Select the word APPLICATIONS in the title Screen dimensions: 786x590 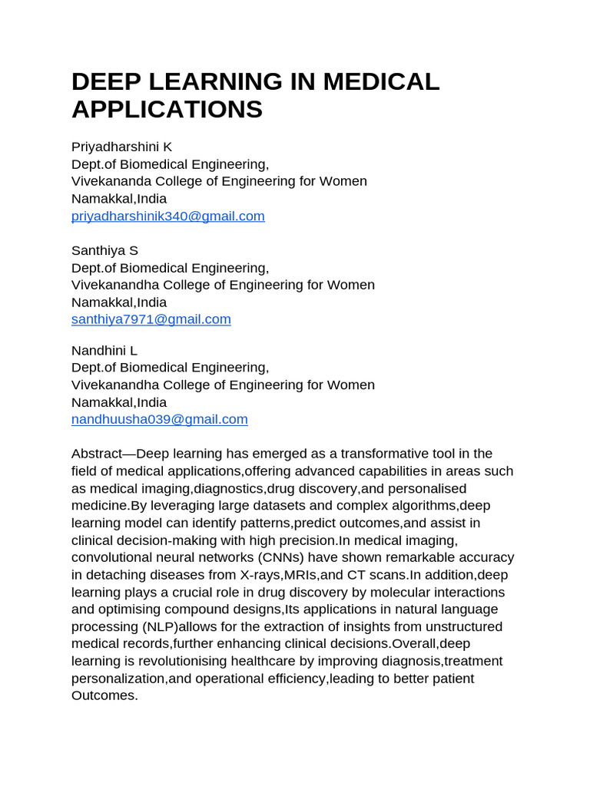[x=167, y=109]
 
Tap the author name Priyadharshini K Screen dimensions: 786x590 [x=121, y=147]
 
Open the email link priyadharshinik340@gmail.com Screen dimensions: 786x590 [x=167, y=216]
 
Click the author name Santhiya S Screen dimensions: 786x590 [x=104, y=250]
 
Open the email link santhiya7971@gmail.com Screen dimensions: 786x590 [x=151, y=319]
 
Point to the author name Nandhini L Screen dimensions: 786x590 [x=104, y=350]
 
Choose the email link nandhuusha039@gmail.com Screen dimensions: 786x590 [x=159, y=419]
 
